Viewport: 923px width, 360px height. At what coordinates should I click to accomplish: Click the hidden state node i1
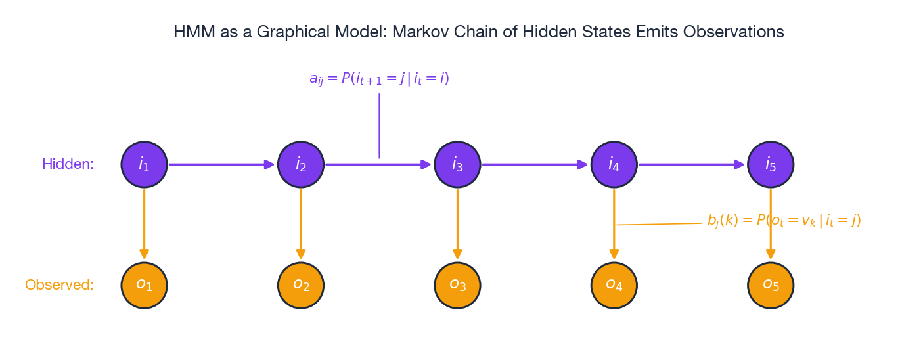(x=144, y=164)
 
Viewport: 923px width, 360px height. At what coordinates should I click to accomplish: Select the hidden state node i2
(x=301, y=164)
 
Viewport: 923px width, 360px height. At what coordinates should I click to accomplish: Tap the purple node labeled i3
(x=457, y=164)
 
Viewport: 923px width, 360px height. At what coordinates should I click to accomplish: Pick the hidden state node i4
(x=614, y=164)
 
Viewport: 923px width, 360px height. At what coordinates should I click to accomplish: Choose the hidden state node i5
(x=771, y=164)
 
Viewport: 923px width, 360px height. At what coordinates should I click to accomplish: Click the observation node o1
(x=144, y=285)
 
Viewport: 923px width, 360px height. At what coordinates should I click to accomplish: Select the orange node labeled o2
(x=301, y=285)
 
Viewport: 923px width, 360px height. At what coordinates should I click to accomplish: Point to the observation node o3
(x=457, y=285)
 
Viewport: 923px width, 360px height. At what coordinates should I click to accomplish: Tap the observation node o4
(x=614, y=285)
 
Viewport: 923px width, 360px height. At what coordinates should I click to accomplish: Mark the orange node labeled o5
(x=771, y=285)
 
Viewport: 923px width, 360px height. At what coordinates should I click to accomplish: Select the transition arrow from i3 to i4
(x=535, y=164)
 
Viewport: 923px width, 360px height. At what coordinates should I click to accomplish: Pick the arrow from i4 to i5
(x=692, y=164)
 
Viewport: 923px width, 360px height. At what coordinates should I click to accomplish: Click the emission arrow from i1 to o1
(x=144, y=224)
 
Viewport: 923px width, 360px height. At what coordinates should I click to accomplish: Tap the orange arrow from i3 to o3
(x=457, y=224)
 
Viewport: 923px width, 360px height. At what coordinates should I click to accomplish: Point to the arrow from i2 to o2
(x=301, y=224)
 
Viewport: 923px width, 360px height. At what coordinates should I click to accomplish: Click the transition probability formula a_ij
(x=379, y=79)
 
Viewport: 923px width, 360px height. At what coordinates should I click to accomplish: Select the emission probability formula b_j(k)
(x=784, y=220)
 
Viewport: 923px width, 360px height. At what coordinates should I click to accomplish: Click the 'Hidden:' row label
(x=68, y=164)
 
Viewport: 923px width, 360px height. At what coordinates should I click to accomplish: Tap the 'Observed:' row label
(x=59, y=285)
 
